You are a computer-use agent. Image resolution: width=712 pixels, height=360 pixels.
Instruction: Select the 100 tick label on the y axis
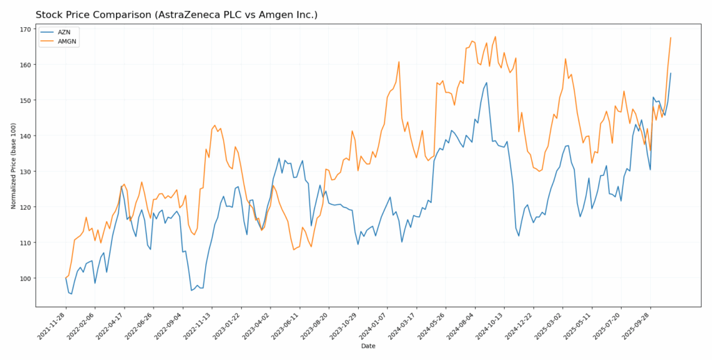pos(25,278)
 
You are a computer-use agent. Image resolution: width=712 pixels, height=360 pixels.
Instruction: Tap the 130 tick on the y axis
pos(25,172)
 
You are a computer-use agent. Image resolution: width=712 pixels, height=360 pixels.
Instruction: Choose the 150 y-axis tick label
pos(25,100)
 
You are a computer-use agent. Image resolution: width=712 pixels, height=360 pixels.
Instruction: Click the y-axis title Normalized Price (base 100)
pos(13,165)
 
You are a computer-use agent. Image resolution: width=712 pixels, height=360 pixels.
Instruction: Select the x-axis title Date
pos(368,345)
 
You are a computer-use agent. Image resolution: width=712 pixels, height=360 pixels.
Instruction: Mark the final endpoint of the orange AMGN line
pos(670,38)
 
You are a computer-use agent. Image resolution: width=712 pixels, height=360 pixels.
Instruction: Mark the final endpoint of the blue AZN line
pos(670,73)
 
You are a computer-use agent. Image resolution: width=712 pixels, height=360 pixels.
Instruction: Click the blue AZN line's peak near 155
pos(487,83)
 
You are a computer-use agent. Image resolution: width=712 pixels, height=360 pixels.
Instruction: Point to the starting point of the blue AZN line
pos(66,278)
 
